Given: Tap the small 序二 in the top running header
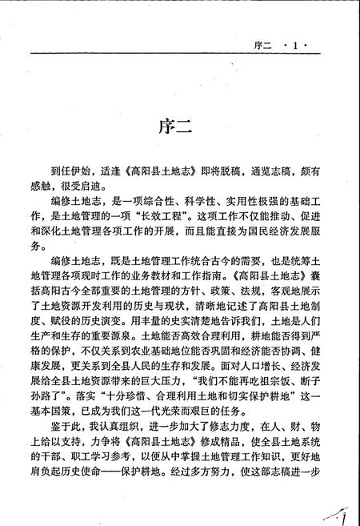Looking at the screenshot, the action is pyautogui.click(x=261, y=42).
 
